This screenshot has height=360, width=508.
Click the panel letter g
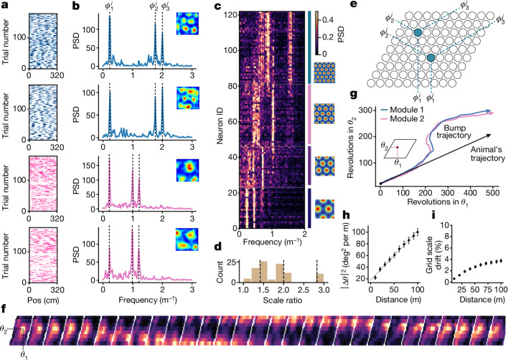[x=354, y=95]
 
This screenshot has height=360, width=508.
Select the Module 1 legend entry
[x=401, y=110]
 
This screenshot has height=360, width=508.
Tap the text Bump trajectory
[x=453, y=131]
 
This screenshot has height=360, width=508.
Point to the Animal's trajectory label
[x=488, y=154]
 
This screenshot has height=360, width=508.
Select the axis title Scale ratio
[x=282, y=300]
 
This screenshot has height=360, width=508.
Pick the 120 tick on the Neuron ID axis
[x=230, y=14]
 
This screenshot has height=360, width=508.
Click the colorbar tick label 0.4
[x=327, y=20]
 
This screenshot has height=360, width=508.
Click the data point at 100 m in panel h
[x=418, y=232]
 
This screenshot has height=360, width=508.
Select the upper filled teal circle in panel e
[x=418, y=32]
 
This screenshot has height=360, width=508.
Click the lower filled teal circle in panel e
[x=431, y=58]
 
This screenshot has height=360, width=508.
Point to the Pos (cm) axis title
[x=44, y=300]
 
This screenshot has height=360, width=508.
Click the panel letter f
[x=4, y=308]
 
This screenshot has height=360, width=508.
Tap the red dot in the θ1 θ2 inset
[x=398, y=147]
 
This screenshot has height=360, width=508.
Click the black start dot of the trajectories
[x=380, y=184]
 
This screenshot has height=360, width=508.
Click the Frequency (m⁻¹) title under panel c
[x=272, y=242]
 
